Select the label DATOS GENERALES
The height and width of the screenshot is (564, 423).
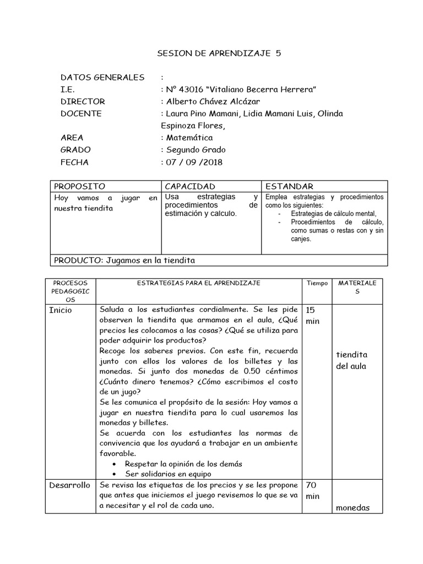(102, 78)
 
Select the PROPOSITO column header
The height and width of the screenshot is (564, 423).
(79, 187)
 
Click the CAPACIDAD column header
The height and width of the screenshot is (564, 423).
(190, 187)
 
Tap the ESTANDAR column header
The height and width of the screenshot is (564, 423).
(289, 187)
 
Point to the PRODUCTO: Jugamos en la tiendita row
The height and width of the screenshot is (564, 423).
(124, 261)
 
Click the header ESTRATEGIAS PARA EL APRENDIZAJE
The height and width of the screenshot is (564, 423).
(199, 283)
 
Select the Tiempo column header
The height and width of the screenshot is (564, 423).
(317, 283)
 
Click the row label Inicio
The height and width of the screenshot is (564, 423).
(61, 310)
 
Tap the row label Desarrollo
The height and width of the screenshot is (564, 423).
(69, 485)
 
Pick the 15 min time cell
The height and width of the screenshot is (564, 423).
(312, 316)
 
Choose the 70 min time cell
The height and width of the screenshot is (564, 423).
(312, 491)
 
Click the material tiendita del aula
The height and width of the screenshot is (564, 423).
(351, 361)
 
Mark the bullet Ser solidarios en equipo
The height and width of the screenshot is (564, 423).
(167, 474)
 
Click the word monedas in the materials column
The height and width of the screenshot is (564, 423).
(352, 508)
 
